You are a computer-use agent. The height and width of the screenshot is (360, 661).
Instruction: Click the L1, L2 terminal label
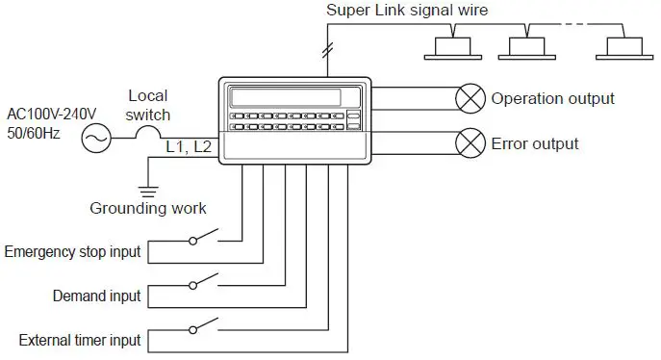pos(191,146)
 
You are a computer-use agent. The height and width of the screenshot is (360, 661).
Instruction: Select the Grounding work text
pos(147,208)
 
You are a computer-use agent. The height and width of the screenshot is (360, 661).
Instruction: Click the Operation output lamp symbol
pos(470,98)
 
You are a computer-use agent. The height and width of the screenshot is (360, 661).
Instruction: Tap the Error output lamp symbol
pos(470,143)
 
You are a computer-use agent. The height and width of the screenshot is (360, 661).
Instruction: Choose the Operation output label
pos(552,98)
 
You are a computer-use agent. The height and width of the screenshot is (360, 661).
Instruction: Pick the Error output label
pos(535,143)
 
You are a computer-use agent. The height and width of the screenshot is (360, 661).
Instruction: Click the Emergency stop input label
pos(73,252)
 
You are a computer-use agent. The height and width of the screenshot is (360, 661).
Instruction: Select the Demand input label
pos(96,296)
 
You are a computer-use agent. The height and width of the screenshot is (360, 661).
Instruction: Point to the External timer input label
pos(80,340)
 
